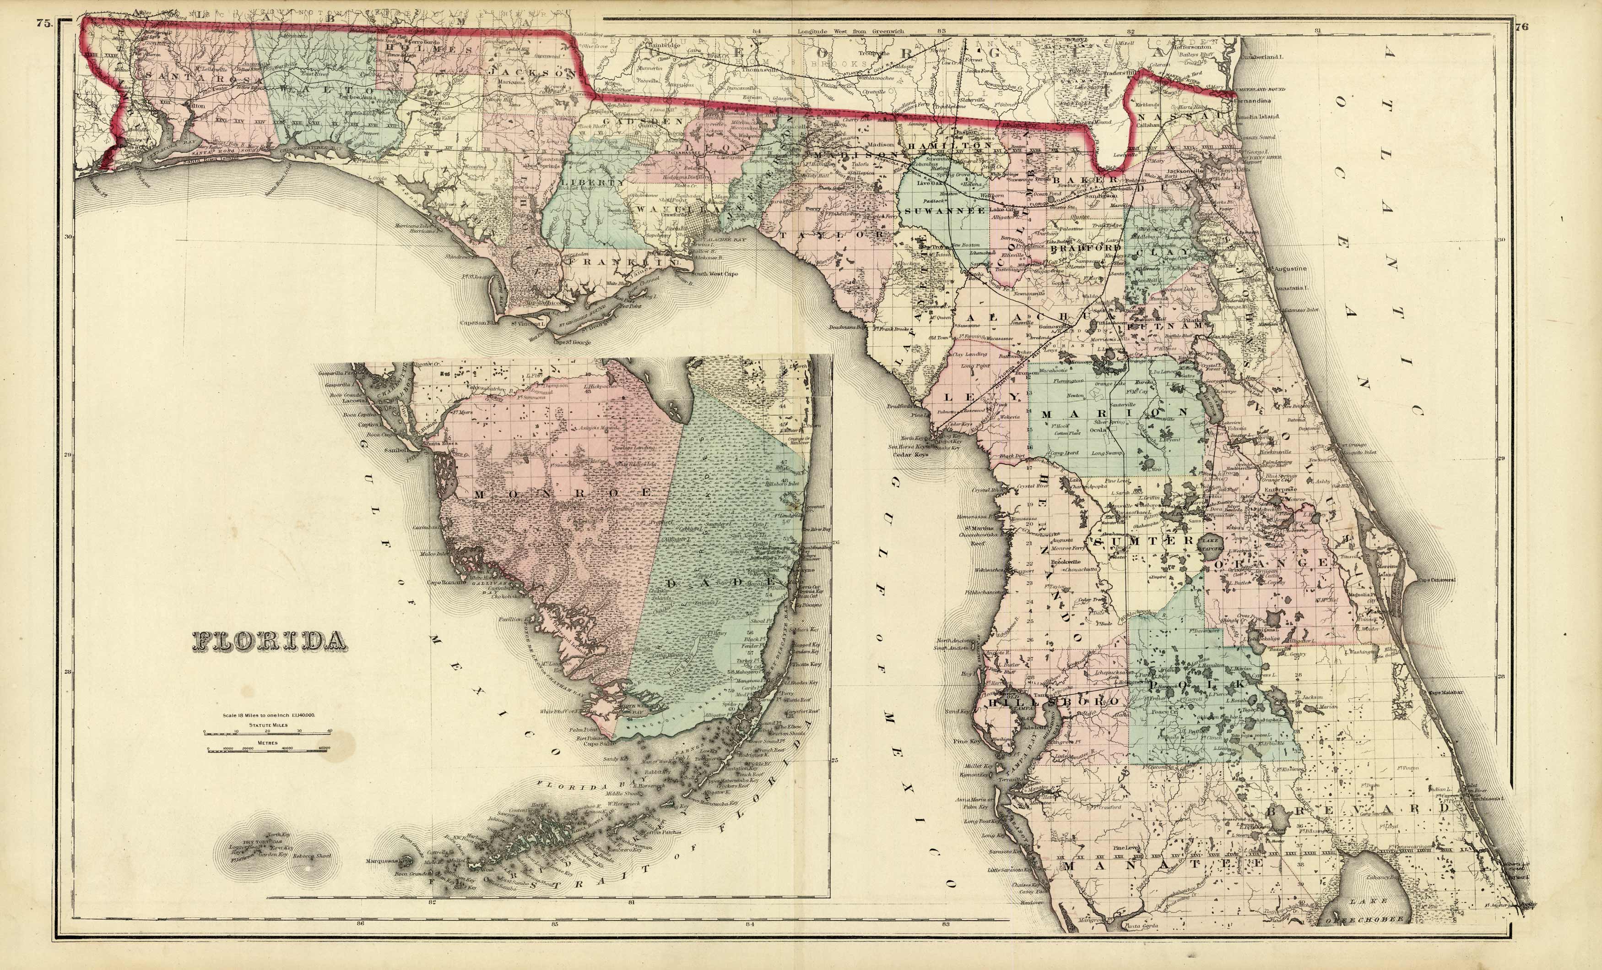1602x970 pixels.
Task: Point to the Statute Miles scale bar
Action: click(267, 731)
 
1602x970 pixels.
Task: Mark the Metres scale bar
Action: click(267, 749)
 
